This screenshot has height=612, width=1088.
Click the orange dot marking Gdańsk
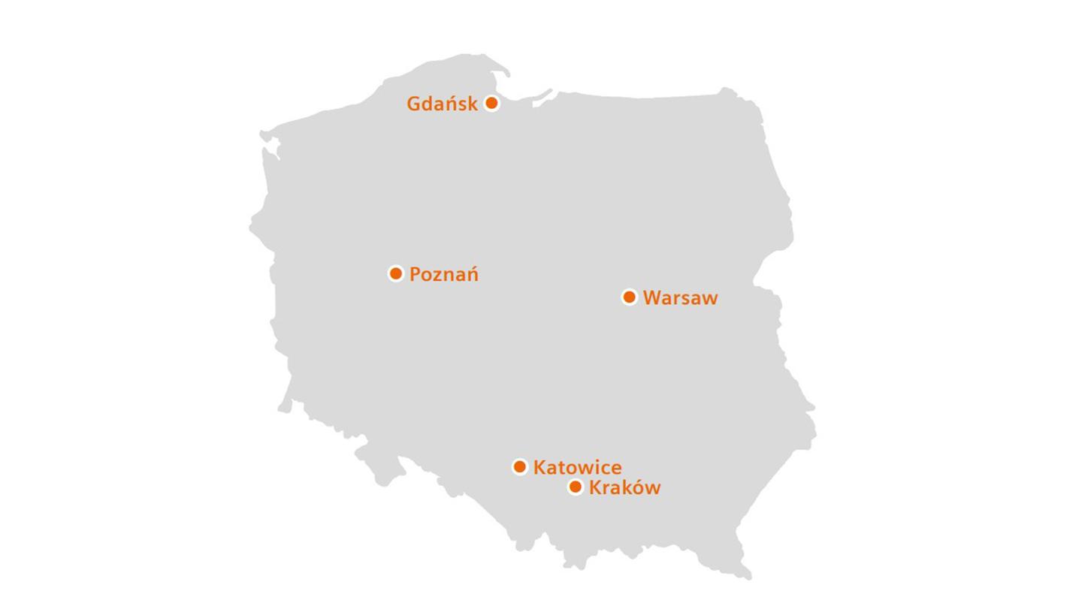click(x=491, y=103)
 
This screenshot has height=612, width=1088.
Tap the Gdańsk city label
click(x=442, y=104)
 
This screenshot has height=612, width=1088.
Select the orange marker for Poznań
click(x=396, y=273)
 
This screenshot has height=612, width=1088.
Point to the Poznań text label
click(x=443, y=275)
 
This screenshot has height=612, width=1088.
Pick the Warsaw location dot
click(x=630, y=297)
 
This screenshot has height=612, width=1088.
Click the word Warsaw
click(x=680, y=298)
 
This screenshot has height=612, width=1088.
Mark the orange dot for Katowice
click(x=520, y=467)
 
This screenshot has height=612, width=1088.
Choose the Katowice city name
click(x=577, y=468)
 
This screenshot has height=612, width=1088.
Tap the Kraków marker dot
click(x=576, y=487)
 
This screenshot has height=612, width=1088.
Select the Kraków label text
click(x=624, y=488)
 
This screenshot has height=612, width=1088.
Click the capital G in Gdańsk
click(x=413, y=104)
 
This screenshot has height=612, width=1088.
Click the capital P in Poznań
click(x=416, y=275)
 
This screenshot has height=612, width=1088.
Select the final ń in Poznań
click(x=471, y=275)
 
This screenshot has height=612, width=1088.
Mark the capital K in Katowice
click(x=539, y=468)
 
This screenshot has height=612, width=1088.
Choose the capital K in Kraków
click(x=595, y=488)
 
